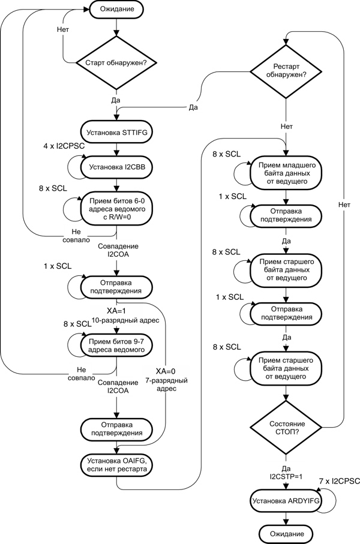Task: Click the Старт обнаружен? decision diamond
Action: pyautogui.click(x=117, y=62)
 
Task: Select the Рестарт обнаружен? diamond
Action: pyautogui.click(x=286, y=70)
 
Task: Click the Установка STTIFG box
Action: pyautogui.click(x=117, y=131)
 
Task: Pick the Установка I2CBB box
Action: pyautogui.click(x=117, y=167)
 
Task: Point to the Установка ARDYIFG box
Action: pyautogui.click(x=286, y=500)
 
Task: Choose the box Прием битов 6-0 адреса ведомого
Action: pyautogui.click(x=117, y=210)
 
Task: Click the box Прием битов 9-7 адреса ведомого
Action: pyautogui.click(x=117, y=345)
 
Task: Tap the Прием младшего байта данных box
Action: pyautogui.click(x=286, y=173)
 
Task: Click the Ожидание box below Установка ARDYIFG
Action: pyautogui.click(x=286, y=533)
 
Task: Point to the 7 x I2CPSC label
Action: pyautogui.click(x=339, y=481)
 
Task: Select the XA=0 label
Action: pyautogui.click(x=166, y=370)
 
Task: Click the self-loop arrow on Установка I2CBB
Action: pyautogui.click(x=74, y=167)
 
